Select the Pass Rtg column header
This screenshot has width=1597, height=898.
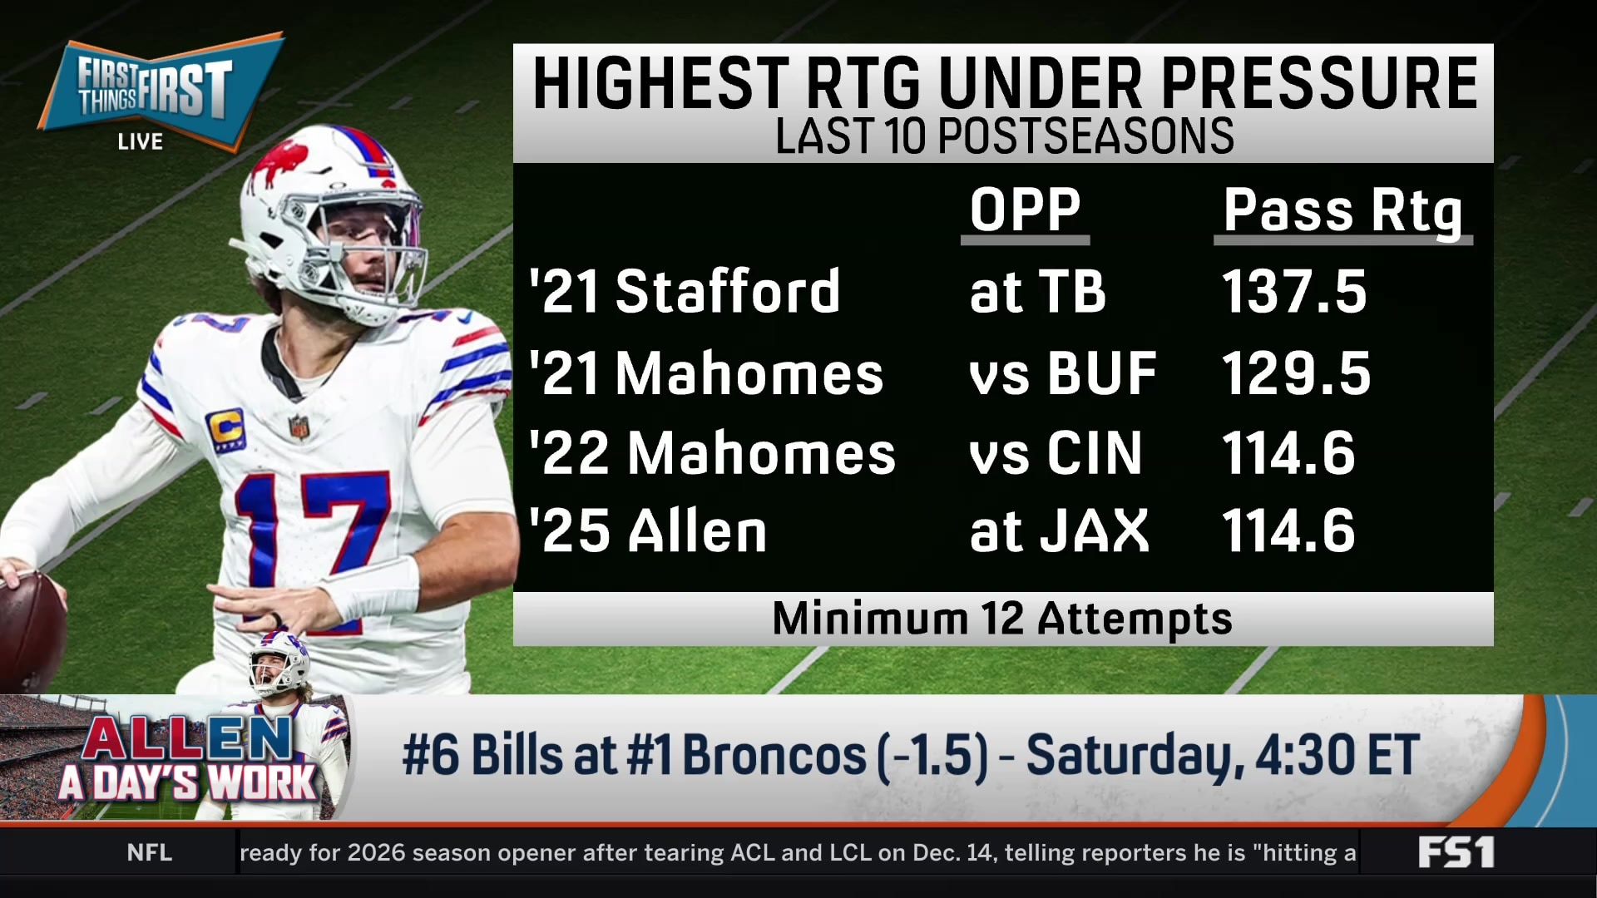coord(1342,211)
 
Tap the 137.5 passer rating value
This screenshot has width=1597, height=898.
coord(1293,292)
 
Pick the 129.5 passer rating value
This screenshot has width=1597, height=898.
coord(1295,373)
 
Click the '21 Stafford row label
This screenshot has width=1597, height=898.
coord(685,292)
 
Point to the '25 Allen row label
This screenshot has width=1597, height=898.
coord(648,531)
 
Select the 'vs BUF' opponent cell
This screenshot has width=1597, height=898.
coord(1062,373)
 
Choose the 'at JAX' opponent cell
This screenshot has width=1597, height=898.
coord(1059,531)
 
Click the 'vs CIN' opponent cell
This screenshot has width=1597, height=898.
coord(1056,454)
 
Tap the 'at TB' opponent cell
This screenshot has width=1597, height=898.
coord(1037,292)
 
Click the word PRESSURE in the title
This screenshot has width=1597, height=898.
coord(1319,83)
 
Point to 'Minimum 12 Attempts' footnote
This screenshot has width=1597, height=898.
coord(1002,619)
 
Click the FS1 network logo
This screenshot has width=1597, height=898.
coord(1456,852)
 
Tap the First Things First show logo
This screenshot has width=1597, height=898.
coord(158,90)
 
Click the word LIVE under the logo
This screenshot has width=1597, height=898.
coord(140,142)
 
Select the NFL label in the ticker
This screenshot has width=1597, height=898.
coord(150,852)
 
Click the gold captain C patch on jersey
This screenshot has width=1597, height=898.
coord(225,429)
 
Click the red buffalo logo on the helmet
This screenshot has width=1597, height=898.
coord(280,162)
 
